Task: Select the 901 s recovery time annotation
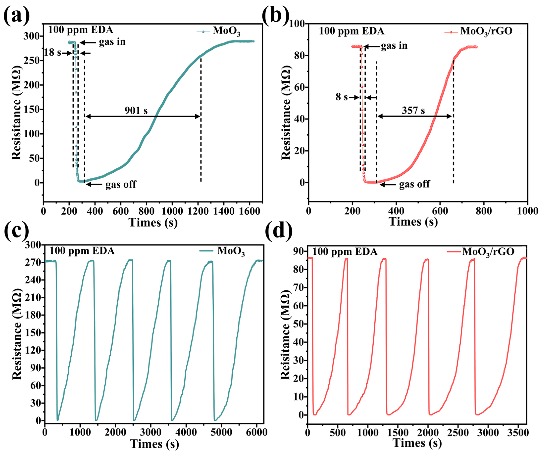[136, 111]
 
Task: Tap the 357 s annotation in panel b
[413, 111]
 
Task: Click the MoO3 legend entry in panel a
[226, 31]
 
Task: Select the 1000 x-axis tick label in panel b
[527, 211]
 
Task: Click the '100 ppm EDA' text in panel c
[82, 251]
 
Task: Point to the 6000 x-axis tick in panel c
[256, 432]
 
